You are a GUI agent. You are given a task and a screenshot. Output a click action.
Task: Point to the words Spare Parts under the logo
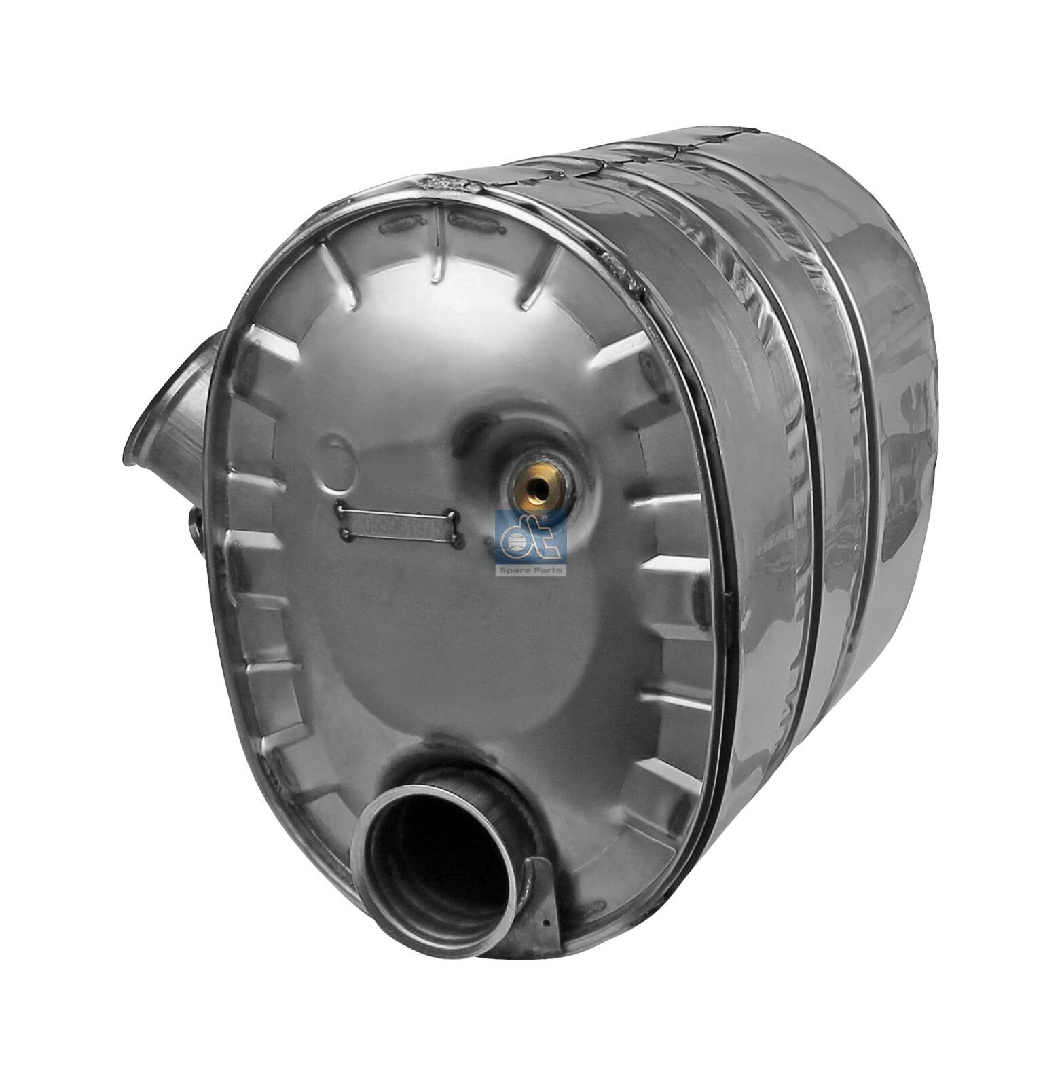point(532,570)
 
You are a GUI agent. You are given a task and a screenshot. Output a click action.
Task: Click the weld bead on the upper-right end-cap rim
point(621,271)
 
